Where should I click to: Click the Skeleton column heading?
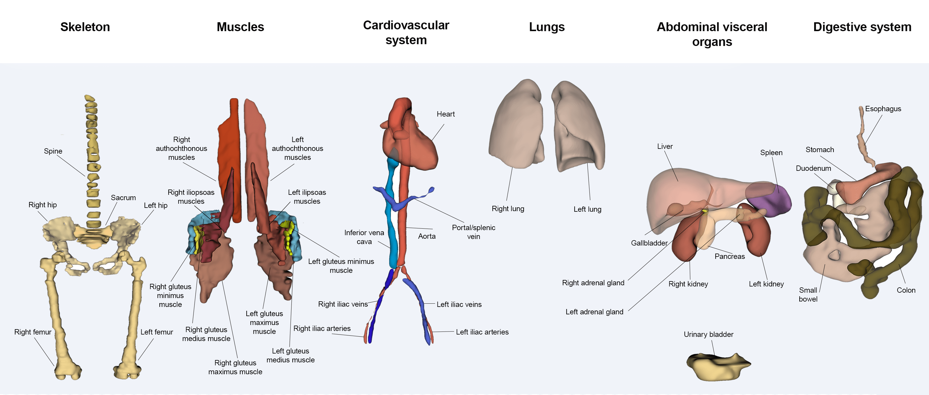[85, 27]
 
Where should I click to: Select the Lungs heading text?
[546, 27]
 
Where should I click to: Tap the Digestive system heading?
[862, 27]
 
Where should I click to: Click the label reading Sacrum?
[123, 197]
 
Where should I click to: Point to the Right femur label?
[33, 332]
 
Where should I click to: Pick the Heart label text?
[446, 114]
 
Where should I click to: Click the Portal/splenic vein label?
[473, 232]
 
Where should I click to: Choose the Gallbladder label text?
[649, 243]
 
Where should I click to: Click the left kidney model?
[757, 234]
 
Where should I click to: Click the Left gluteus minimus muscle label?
[341, 266]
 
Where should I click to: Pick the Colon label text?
[906, 290]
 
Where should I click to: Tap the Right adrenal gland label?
[593, 283]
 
